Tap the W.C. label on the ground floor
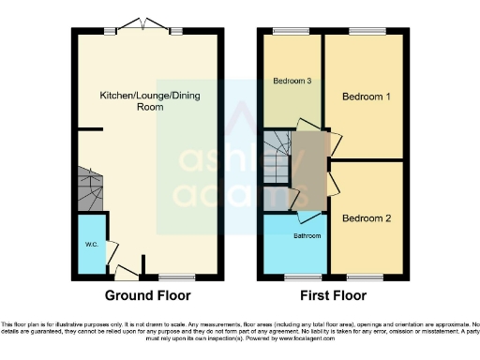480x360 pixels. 92,245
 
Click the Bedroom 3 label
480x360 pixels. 292,82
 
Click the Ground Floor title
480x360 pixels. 147,295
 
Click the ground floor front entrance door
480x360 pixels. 124,273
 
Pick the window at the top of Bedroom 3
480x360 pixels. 285,32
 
